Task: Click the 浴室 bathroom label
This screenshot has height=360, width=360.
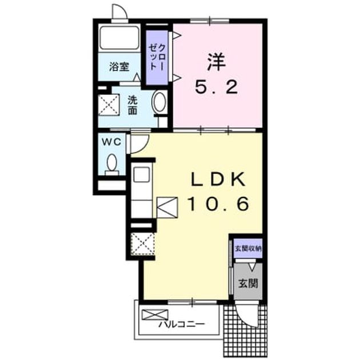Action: [x=119, y=67]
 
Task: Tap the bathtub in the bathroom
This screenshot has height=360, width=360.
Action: [x=119, y=38]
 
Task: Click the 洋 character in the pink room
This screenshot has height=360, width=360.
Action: [x=216, y=62]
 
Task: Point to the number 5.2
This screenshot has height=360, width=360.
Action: [x=216, y=87]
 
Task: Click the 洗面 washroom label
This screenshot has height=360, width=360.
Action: [x=133, y=105]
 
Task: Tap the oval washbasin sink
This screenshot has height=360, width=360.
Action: [x=160, y=102]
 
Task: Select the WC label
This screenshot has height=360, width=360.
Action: [x=111, y=142]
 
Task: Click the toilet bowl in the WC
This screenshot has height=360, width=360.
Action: [x=112, y=162]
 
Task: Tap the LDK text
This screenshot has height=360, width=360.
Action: [x=218, y=179]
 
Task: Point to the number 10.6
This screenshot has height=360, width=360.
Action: [x=218, y=204]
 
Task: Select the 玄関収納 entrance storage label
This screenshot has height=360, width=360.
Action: [x=248, y=248]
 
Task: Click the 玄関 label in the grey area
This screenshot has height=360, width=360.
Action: [x=248, y=283]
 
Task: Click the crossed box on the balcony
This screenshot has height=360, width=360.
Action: [x=155, y=314]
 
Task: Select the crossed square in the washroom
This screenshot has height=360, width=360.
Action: [x=109, y=104]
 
